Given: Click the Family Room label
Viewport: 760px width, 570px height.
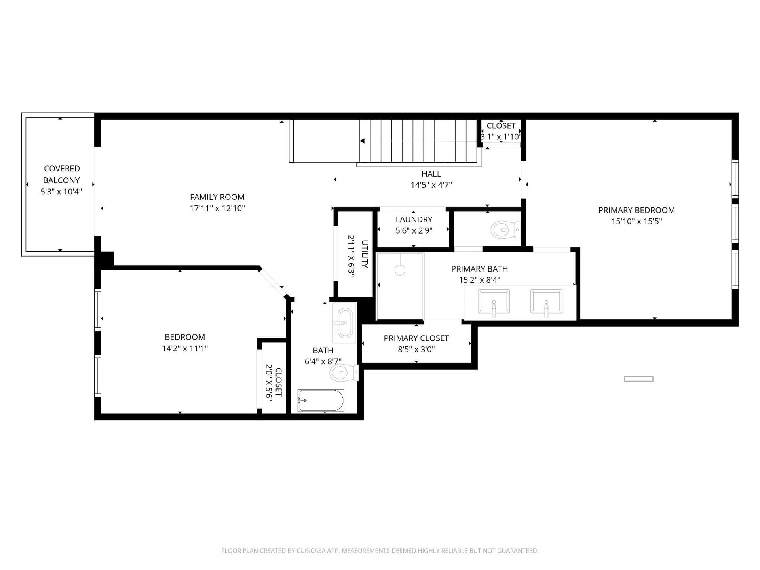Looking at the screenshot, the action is coord(217,197).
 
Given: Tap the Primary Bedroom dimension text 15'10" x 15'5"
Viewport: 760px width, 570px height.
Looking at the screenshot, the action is coord(636,221).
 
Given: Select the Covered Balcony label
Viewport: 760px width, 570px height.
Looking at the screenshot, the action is coord(62,175).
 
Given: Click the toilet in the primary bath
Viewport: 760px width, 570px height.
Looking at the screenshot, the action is coord(505,230).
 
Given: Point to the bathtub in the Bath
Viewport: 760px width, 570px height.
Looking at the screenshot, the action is coord(321,401).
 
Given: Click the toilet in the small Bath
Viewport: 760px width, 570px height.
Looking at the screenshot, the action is coord(344,373).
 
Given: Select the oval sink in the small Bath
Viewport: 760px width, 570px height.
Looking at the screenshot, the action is coord(344,323).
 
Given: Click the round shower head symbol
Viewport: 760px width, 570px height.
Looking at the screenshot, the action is coord(400,270).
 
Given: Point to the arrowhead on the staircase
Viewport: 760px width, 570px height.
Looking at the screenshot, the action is coord(362,141).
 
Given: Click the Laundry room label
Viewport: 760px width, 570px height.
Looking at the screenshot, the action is coord(414,220).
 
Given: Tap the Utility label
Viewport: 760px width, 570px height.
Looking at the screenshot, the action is coord(365,254).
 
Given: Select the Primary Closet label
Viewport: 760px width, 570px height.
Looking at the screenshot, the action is coord(416,338).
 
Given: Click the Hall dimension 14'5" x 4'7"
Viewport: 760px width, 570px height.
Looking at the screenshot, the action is coord(431,185).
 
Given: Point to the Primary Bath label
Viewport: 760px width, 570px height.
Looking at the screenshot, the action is coord(479,269).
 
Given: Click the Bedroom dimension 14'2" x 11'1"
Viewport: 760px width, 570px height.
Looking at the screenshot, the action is coord(185,348).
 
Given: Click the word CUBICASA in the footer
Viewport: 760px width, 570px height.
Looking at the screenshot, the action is coord(310,551).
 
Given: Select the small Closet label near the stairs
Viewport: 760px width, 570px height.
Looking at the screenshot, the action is coord(501,126).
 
